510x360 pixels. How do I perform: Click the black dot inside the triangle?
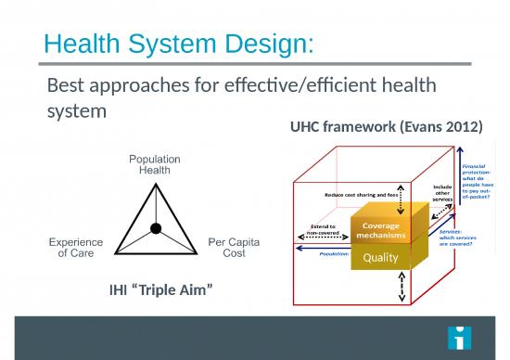156,228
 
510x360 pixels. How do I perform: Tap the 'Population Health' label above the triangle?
154,164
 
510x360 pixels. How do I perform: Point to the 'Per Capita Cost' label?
235,247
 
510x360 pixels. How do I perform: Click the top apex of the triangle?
155,181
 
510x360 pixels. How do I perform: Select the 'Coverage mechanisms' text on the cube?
380,229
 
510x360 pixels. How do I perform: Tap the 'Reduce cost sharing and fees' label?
360,195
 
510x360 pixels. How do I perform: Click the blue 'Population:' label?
334,252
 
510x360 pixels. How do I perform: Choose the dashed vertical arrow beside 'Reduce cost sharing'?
400,195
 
